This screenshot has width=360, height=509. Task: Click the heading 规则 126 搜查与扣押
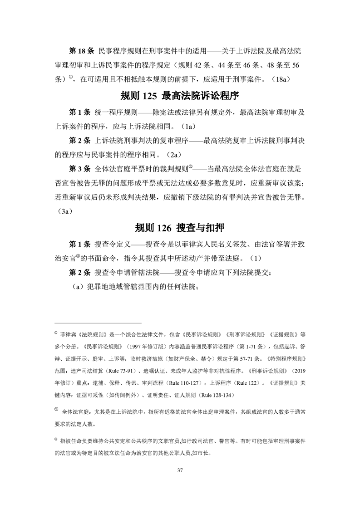pyautogui.click(x=180, y=227)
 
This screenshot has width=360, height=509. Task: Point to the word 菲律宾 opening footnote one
pyautogui.click(x=68, y=335)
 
